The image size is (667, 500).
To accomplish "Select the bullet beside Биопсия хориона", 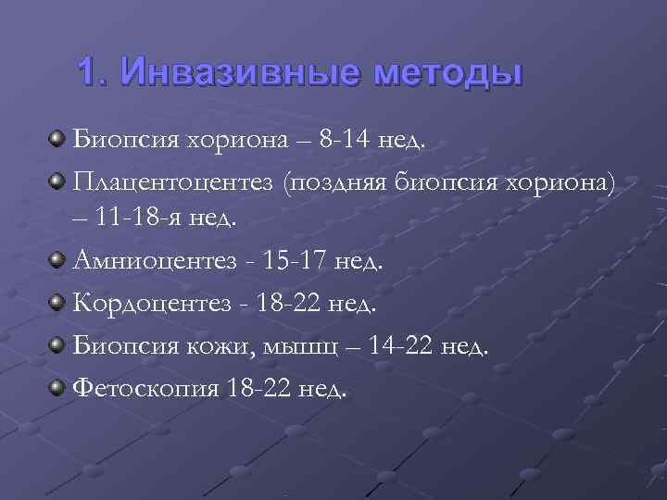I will (58, 140).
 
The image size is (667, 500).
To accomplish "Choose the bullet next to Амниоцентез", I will (58, 259).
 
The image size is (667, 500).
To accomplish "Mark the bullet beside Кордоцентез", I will (58, 302).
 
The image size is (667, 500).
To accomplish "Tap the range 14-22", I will (402, 346).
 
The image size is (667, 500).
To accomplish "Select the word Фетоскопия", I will (146, 388).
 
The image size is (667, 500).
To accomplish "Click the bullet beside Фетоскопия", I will (58, 386).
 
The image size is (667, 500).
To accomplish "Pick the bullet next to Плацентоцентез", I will (58, 179).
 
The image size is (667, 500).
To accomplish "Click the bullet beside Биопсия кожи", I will (58, 344).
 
